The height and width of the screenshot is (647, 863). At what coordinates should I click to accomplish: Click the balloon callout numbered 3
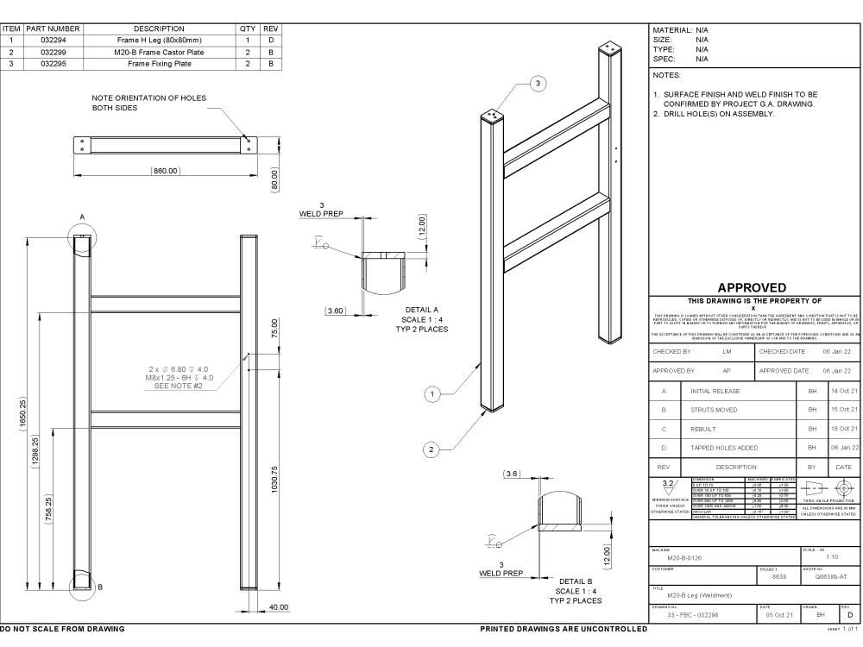pos(539,83)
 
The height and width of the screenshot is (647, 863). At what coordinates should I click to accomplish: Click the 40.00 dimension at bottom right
pos(278,608)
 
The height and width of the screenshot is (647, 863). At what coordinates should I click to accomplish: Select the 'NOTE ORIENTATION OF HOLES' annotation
pos(148,98)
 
